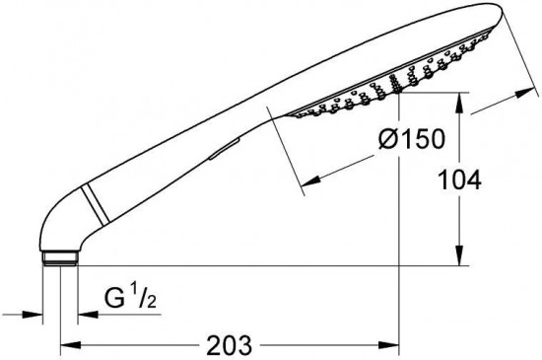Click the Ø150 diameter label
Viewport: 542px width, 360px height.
(x=411, y=139)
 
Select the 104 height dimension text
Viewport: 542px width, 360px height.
(x=459, y=180)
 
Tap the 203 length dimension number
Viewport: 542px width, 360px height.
(x=230, y=345)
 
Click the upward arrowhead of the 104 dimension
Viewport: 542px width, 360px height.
(x=459, y=103)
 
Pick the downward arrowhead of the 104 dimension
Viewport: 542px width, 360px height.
(x=459, y=255)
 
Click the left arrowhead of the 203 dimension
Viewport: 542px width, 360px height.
(x=71, y=345)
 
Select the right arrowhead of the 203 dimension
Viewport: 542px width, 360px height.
(x=389, y=345)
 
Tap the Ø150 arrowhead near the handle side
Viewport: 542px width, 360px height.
(x=310, y=180)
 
